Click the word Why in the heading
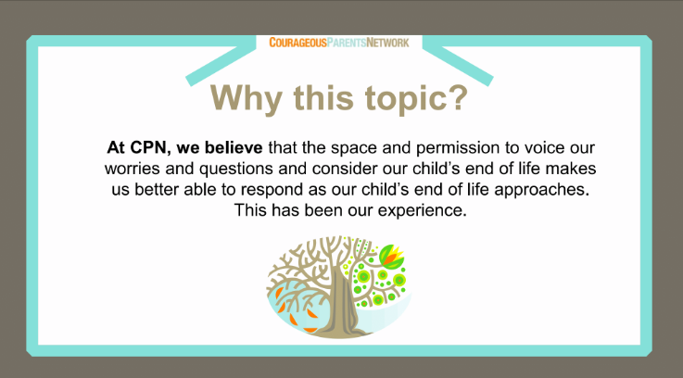click(x=247, y=99)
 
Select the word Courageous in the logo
click(x=297, y=43)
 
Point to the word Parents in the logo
click(x=347, y=43)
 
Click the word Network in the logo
click(x=387, y=43)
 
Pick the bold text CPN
click(x=148, y=147)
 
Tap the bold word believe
click(x=234, y=147)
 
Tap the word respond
click(x=272, y=190)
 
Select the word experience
click(x=422, y=211)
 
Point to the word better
click(x=157, y=189)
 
